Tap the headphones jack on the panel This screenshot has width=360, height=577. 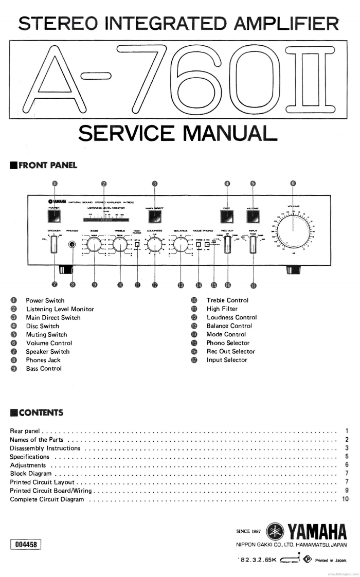(72, 245)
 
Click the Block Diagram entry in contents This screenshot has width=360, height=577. (31, 474)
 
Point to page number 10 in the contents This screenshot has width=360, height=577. (345, 499)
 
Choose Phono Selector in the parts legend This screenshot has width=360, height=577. (228, 343)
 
